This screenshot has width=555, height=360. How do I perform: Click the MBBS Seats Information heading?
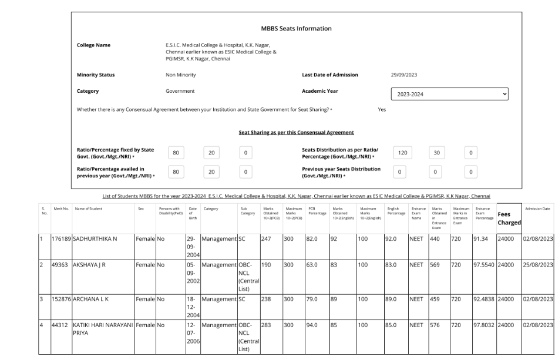point(296,29)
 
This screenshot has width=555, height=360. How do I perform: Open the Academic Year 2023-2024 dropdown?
point(449,94)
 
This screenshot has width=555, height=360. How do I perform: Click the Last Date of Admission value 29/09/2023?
point(403,75)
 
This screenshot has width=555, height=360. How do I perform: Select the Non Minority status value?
point(181,75)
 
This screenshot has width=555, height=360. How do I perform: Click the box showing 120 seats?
point(402,153)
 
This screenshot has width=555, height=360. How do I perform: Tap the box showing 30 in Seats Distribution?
point(435,153)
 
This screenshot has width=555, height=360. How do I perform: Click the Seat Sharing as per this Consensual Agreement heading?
point(296,132)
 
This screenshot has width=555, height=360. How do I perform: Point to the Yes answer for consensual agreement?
point(382,110)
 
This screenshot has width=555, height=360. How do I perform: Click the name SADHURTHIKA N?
point(97,239)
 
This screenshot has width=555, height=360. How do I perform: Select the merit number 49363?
point(61,265)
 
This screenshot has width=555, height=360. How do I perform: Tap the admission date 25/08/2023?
point(537,265)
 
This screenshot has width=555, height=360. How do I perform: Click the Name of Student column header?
point(88,208)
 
